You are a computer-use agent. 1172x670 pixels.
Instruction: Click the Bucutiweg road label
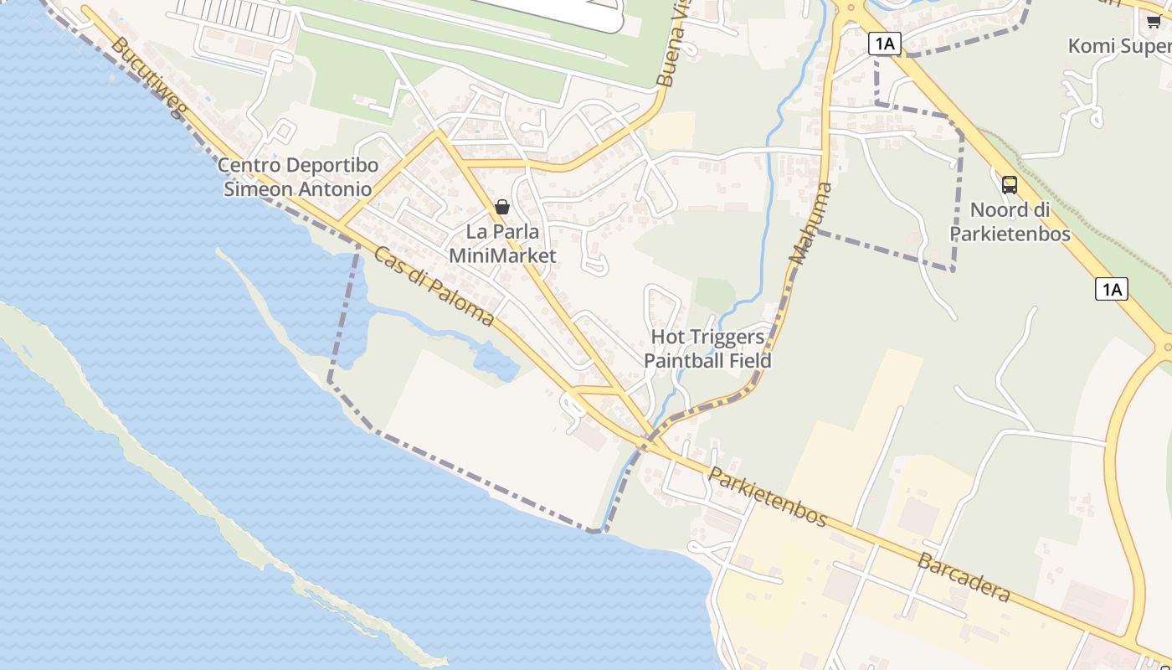[147, 77]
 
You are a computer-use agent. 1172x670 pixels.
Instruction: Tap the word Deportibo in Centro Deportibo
[332, 165]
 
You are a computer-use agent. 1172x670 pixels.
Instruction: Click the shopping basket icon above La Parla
[502, 207]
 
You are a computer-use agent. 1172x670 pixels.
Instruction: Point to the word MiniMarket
[502, 255]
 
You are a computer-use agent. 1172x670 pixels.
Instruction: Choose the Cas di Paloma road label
[434, 286]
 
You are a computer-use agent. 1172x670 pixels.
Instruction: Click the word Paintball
[681, 361]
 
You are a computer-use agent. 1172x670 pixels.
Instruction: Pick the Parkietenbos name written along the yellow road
[768, 497]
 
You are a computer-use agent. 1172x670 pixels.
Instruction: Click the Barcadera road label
[964, 576]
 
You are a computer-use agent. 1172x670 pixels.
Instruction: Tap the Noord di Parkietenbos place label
[1010, 221]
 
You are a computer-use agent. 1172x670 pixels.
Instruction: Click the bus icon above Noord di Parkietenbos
[1010, 185]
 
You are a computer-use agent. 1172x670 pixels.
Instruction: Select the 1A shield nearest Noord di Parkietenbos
[1111, 290]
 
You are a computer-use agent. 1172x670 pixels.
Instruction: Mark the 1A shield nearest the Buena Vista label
[884, 44]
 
